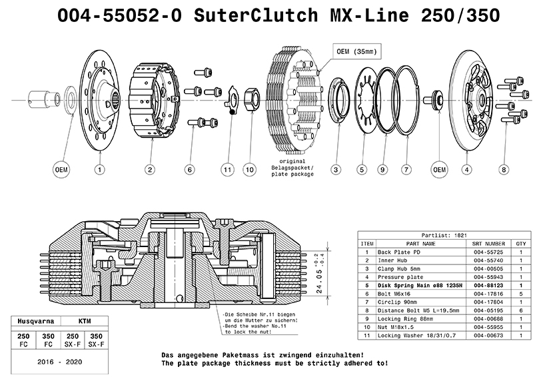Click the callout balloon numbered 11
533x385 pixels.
click(227, 170)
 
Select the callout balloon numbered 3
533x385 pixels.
click(336, 170)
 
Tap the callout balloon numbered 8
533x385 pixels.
click(504, 170)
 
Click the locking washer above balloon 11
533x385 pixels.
click(231, 100)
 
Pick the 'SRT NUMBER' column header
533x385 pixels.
click(488, 244)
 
